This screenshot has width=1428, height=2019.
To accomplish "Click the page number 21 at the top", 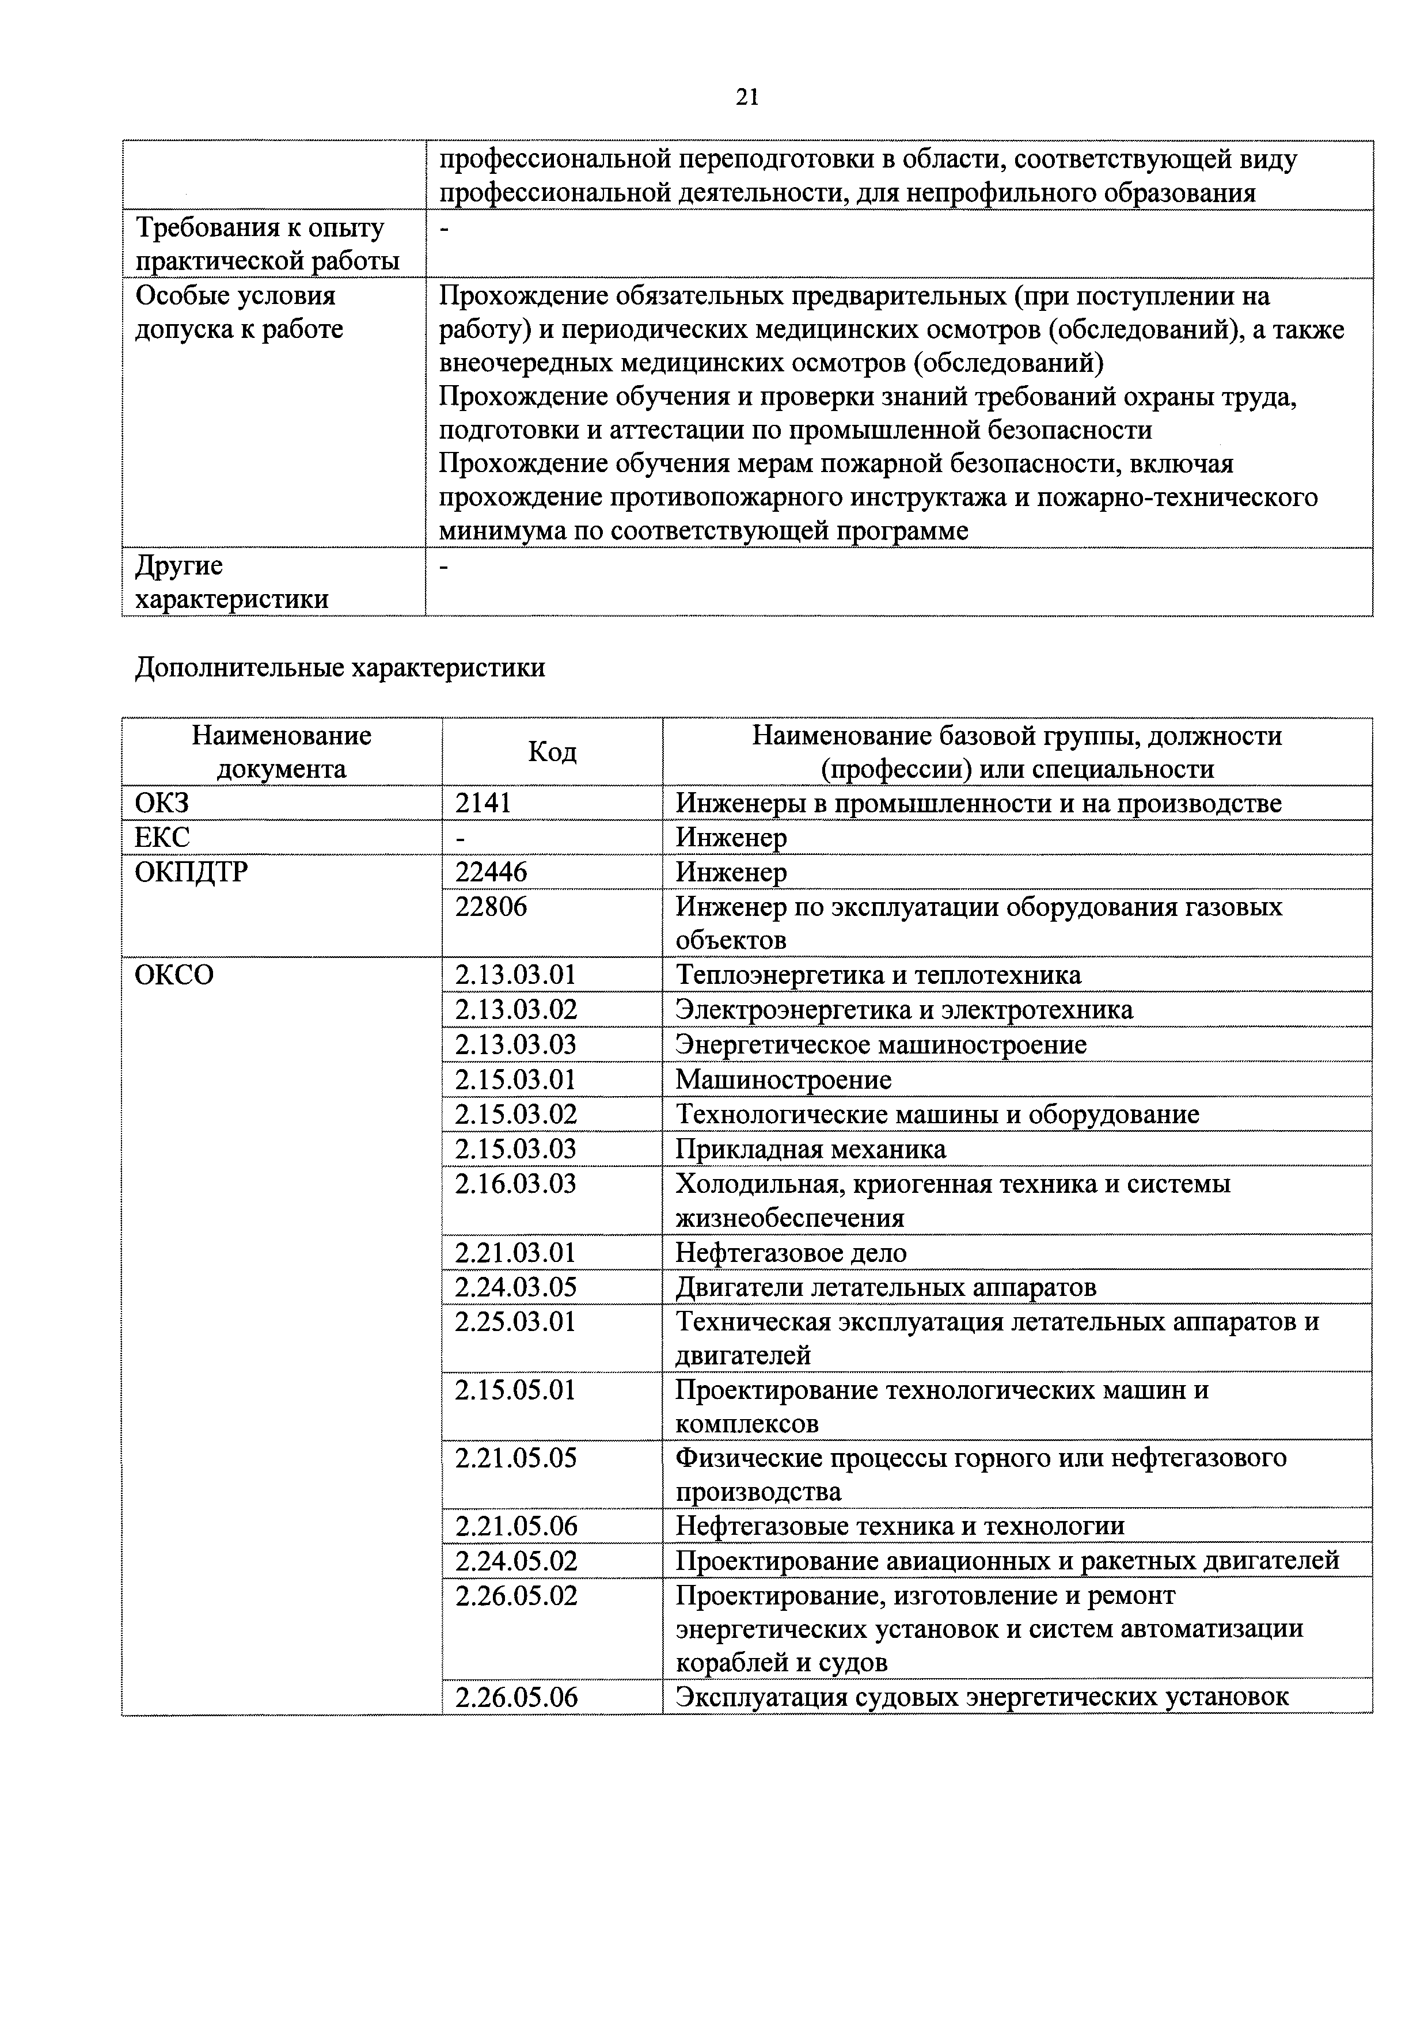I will [x=747, y=97].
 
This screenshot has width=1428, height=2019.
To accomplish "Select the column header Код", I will [x=552, y=752].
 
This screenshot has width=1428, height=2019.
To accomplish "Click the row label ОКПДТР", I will [x=191, y=872].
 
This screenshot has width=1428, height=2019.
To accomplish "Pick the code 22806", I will [x=491, y=907].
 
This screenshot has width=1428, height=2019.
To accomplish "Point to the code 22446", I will [x=491, y=872].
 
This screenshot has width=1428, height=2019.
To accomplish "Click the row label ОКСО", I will [x=174, y=975].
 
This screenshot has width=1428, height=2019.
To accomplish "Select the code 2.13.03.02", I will [x=515, y=1010].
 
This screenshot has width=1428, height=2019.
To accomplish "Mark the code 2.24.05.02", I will [x=515, y=1561].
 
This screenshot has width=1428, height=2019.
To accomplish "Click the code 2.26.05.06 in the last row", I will [x=515, y=1697].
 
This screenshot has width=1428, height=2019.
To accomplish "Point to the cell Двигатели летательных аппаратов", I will [x=886, y=1287].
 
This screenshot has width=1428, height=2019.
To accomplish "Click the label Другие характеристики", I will [x=230, y=582].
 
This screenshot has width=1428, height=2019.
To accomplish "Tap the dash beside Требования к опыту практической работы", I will [x=444, y=229].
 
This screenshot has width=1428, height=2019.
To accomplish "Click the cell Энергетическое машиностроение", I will [x=880, y=1045].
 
